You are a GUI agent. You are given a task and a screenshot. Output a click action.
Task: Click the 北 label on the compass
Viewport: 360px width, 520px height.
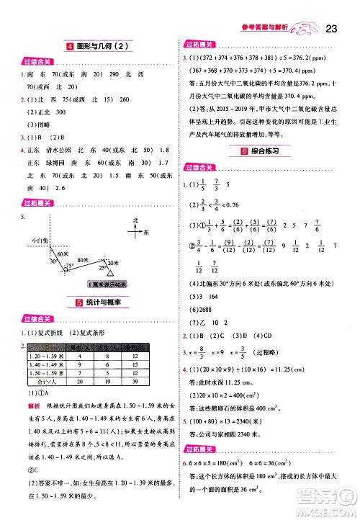click(135, 219)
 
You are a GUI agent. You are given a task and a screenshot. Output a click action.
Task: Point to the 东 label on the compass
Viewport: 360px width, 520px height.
click(146, 232)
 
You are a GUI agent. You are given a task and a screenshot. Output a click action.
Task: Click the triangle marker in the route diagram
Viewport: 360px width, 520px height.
click(109, 274)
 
